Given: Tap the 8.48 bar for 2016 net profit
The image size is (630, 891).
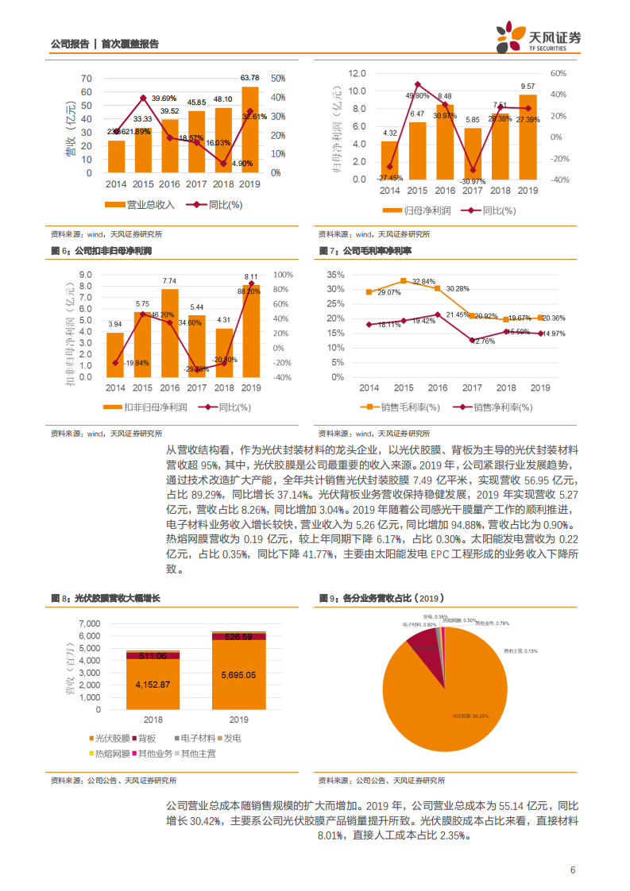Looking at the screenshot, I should tap(445, 143).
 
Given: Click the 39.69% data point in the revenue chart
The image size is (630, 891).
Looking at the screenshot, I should tap(143, 98).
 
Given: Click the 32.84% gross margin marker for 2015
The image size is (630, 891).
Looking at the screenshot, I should tap(403, 280).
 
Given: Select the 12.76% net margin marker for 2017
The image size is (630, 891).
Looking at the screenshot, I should tap(472, 340).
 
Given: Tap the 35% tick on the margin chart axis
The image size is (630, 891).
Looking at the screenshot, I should tap(334, 275).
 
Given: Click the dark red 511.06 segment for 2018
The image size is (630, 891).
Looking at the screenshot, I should tap(153, 656).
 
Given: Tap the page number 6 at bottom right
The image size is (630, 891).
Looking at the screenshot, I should tap(572, 869).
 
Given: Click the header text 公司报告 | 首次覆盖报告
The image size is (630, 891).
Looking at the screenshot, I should tap(104, 44).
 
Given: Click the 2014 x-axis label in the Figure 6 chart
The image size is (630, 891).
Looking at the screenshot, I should tap(115, 387).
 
